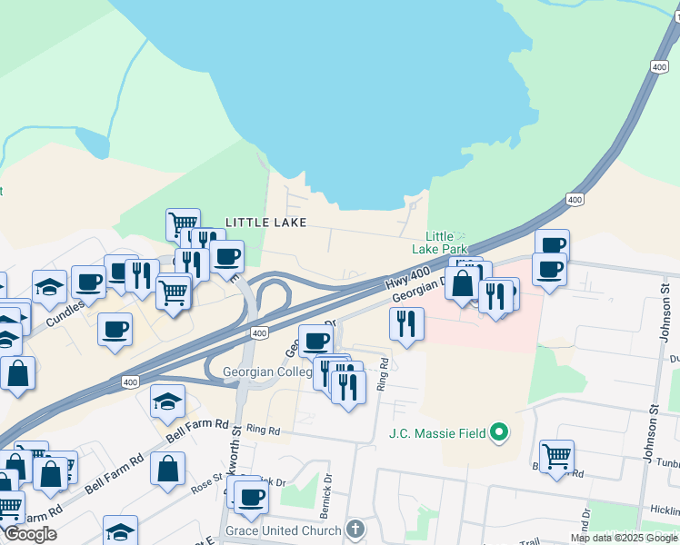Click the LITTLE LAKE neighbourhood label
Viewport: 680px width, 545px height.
265,223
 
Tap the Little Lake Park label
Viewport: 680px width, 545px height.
439,243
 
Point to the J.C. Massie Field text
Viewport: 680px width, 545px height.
436,432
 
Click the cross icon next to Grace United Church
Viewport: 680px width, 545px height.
355,529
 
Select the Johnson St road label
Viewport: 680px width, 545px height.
665,314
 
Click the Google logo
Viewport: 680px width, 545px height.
30,534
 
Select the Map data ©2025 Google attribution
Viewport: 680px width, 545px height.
623,538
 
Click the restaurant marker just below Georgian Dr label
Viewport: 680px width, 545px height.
406,322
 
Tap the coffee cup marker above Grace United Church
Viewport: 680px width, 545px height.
250,496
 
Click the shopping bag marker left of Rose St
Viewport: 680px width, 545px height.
168,469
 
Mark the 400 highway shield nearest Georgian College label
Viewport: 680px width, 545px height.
260,334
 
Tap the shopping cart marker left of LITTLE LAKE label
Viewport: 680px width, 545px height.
183,223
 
